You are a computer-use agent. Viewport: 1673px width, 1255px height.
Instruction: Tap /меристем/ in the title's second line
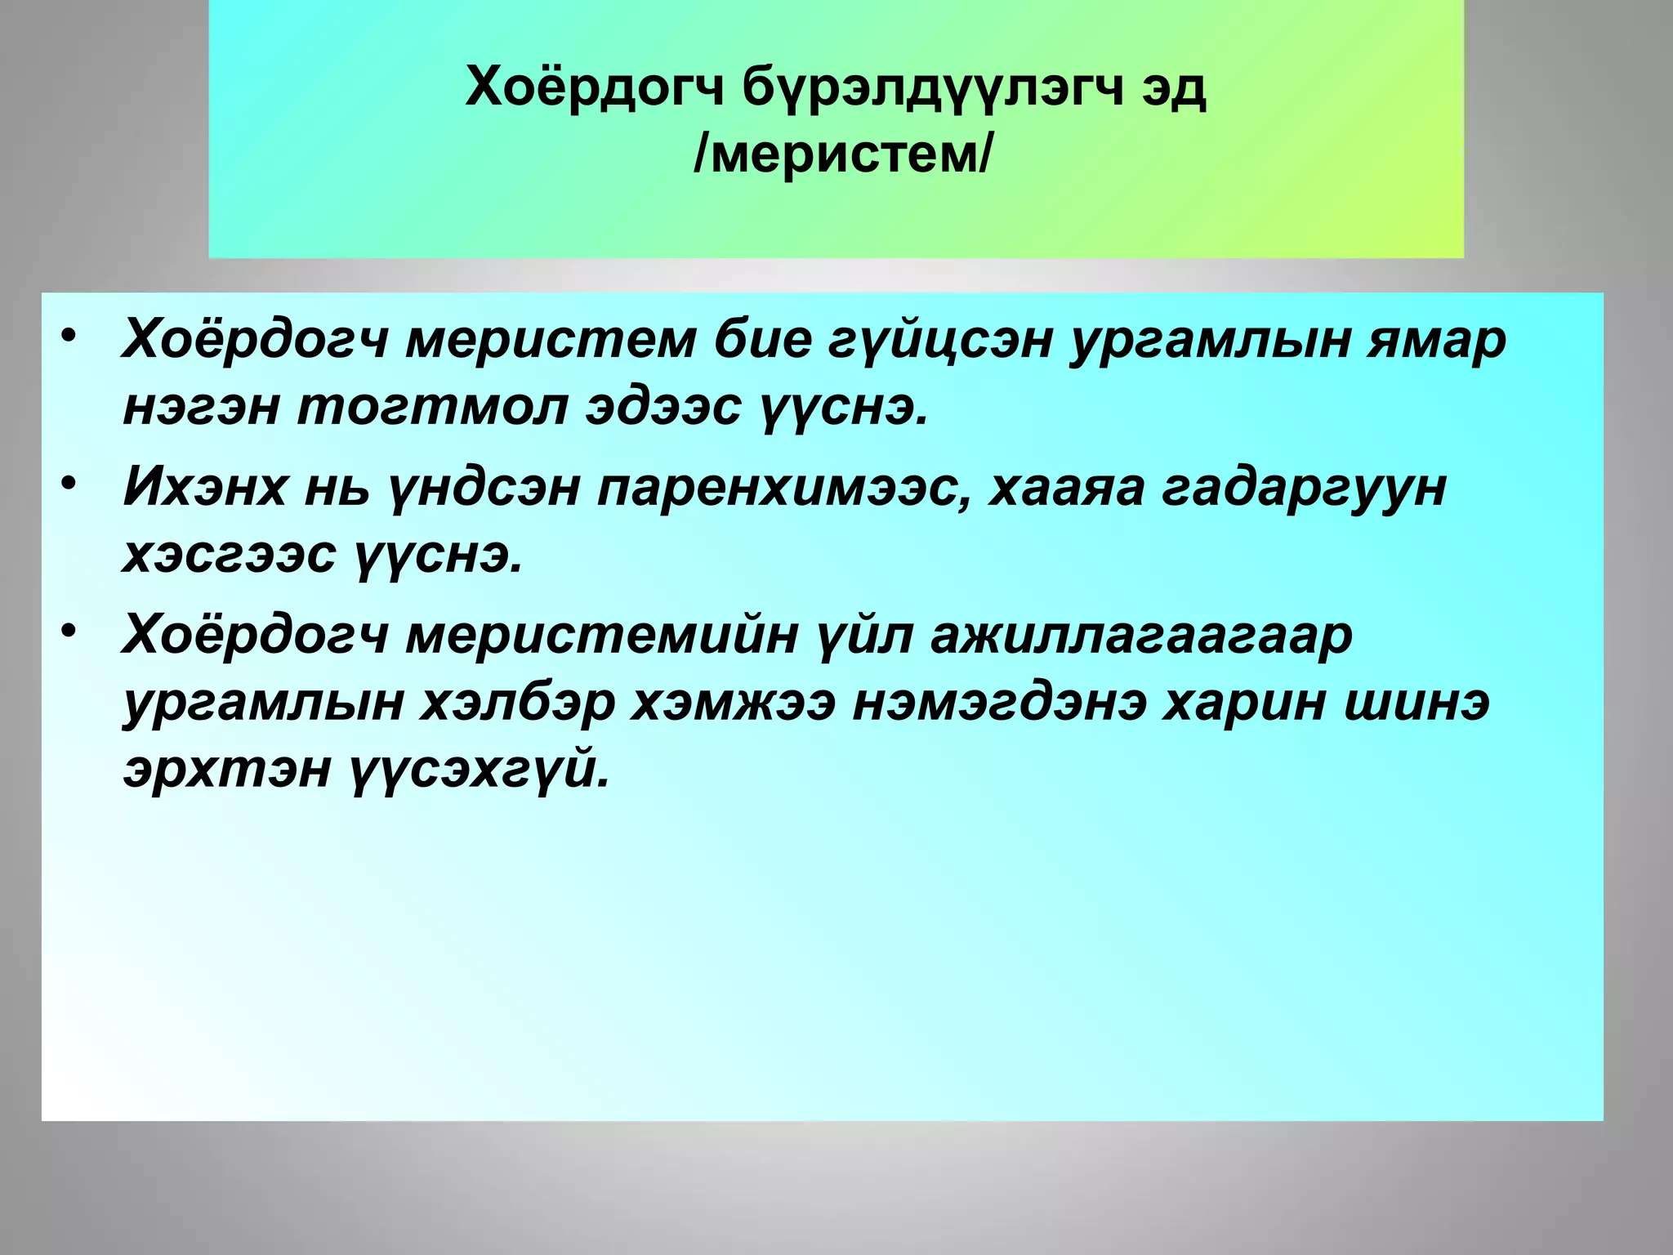pyautogui.click(x=842, y=154)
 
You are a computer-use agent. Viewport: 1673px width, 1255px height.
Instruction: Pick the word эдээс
pyautogui.click(x=663, y=408)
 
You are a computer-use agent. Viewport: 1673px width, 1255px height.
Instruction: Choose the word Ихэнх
pyautogui.click(x=204, y=488)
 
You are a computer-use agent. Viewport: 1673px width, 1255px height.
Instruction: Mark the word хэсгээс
pyautogui.click(x=229, y=556)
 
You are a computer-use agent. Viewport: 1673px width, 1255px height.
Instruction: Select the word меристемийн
pyautogui.click(x=600, y=635)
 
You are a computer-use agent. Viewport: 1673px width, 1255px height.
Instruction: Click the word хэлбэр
pyautogui.click(x=516, y=702)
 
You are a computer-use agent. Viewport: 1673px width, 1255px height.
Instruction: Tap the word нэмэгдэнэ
pyautogui.click(x=998, y=702)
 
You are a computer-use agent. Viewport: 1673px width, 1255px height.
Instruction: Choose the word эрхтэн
pyautogui.click(x=226, y=770)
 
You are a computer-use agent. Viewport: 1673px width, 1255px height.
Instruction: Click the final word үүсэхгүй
pyautogui.click(x=481, y=770)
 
